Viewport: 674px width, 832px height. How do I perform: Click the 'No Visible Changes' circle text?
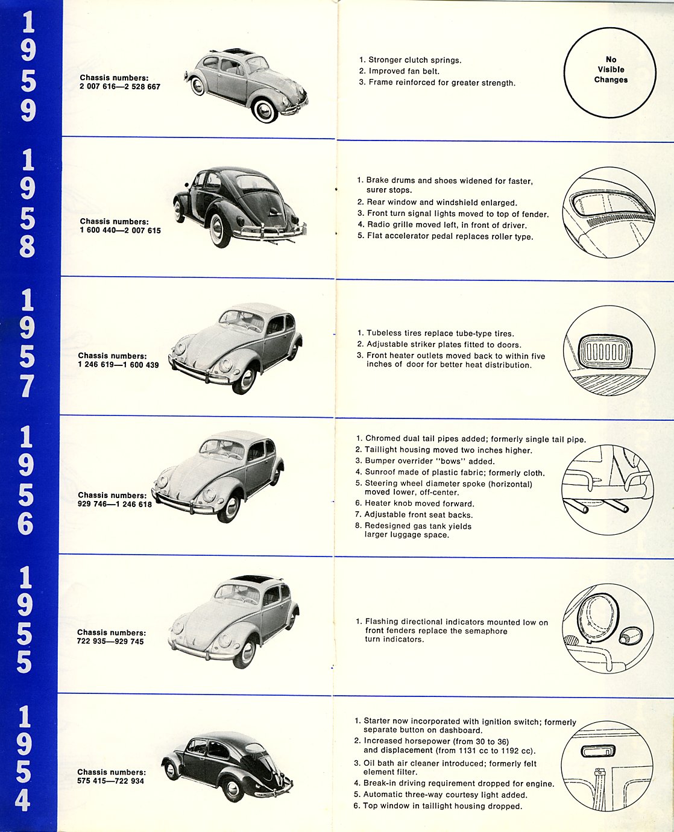(611, 69)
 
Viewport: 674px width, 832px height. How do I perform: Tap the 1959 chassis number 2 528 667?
(142, 87)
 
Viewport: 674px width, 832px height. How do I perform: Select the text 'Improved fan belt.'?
(404, 71)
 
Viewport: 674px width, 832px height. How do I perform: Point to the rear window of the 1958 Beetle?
(256, 183)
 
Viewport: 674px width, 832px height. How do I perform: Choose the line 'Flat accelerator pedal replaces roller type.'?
(450, 236)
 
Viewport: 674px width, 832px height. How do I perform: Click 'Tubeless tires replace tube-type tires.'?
(440, 333)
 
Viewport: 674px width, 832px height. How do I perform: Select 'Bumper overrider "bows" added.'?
(430, 461)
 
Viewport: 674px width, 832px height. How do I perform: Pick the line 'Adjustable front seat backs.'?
(418, 515)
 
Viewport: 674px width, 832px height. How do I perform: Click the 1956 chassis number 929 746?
(92, 504)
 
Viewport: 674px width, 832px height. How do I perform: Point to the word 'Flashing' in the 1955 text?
(382, 622)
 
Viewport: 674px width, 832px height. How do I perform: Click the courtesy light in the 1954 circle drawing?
(598, 751)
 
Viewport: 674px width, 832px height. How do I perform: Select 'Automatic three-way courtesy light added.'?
(445, 795)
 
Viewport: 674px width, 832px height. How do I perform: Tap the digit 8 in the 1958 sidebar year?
(27, 245)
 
